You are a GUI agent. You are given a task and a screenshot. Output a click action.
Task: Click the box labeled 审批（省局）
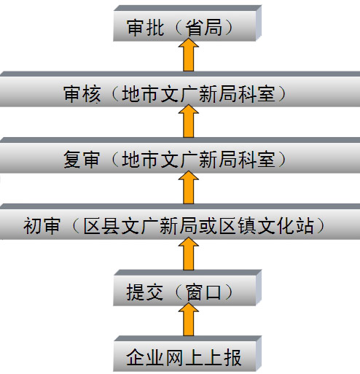coord(187,23)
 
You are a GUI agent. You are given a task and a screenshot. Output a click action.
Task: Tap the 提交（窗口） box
coord(187,287)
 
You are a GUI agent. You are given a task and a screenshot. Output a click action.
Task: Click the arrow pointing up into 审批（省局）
coord(189,55)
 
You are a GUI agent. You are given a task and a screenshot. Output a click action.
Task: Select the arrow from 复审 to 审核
coord(189,121)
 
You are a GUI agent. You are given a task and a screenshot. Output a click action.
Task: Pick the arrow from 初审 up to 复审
coord(189,187)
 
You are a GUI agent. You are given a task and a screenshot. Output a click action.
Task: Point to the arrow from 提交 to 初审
coord(189,254)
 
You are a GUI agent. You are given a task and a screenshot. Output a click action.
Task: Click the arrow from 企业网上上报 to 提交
coord(189,319)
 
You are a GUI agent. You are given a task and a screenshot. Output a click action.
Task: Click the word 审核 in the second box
coord(82,94)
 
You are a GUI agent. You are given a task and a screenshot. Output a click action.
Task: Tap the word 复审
coord(82,160)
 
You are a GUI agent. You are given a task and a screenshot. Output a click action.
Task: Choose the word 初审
coord(42,226)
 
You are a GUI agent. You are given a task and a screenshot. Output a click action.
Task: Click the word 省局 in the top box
coord(203,28)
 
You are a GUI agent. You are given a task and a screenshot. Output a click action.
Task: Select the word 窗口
coord(203,292)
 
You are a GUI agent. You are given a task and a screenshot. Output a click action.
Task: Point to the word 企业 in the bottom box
coord(144,357)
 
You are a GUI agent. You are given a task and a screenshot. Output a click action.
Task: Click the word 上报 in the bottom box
coord(223,357)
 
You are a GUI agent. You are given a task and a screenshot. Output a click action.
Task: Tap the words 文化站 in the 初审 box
coord(286,226)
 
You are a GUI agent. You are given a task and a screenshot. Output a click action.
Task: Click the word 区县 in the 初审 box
coord(101,226)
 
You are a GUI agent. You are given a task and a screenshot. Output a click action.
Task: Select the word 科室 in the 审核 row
coord(257,94)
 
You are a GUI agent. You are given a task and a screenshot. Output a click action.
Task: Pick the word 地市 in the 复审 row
coord(140,160)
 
